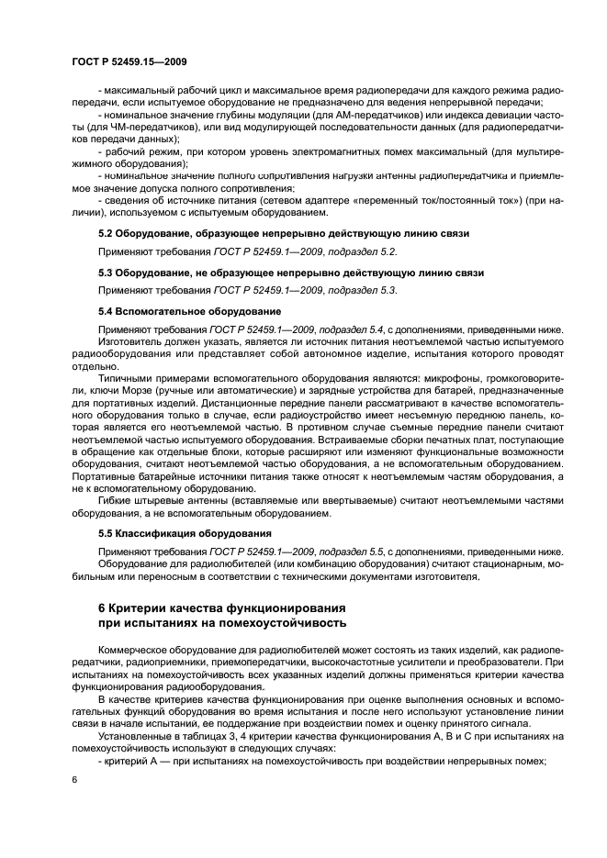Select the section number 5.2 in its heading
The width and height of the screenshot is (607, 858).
point(106,234)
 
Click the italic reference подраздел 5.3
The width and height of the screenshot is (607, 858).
point(364,289)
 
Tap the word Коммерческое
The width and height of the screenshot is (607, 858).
point(133,650)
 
